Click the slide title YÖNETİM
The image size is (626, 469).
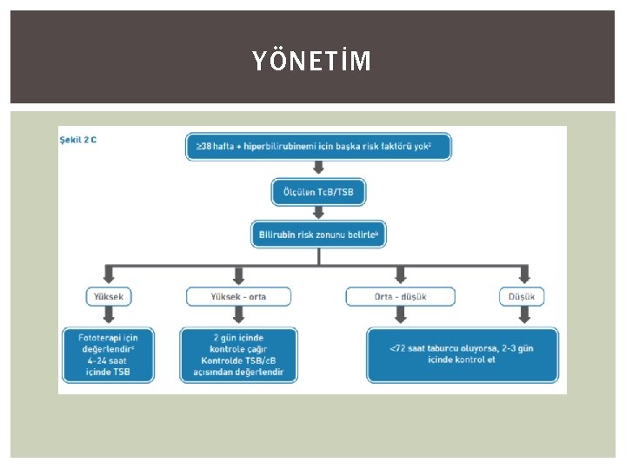tap(311, 61)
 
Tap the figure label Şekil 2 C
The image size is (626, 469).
tap(78, 139)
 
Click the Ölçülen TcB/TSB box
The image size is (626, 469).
tap(319, 192)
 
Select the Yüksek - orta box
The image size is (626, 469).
tap(238, 297)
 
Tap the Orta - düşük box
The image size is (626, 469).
tap(400, 297)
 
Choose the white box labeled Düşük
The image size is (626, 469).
tap(523, 297)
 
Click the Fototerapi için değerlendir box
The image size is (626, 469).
tap(109, 354)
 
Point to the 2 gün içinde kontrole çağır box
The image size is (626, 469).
tap(238, 354)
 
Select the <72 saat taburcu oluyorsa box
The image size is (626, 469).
tap(462, 354)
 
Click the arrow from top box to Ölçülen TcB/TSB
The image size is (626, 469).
tap(319, 169)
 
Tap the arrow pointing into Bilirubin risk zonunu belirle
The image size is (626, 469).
tap(319, 212)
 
